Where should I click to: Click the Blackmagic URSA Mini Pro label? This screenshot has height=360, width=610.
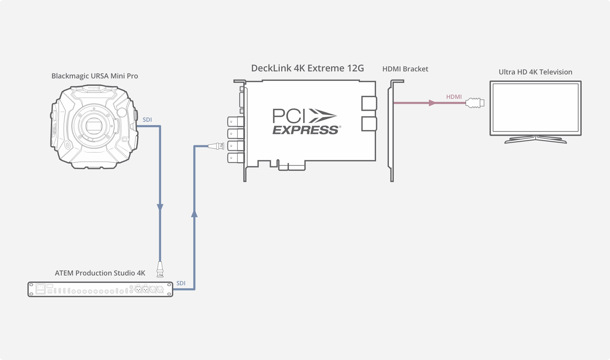pyautogui.click(x=95, y=76)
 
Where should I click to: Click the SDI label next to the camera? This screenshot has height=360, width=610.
pyautogui.click(x=147, y=120)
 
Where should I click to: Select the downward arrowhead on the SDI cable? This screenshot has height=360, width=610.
pyautogui.click(x=160, y=207)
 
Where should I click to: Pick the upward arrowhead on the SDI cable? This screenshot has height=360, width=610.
pyautogui.click(x=194, y=214)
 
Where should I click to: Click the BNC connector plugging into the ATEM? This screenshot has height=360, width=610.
pyautogui.click(x=160, y=269)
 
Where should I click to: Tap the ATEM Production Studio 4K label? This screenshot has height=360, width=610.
pyautogui.click(x=100, y=273)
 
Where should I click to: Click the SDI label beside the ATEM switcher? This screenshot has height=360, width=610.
pyautogui.click(x=181, y=283)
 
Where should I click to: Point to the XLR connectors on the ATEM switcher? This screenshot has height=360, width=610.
pyautogui.click(x=149, y=289)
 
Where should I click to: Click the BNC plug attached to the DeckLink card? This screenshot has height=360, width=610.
pyautogui.click(x=216, y=146)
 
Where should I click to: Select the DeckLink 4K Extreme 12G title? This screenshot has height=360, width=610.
pyautogui.click(x=307, y=68)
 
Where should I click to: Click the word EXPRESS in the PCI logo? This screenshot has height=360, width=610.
pyautogui.click(x=305, y=130)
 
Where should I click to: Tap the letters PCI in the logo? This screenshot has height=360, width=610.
pyautogui.click(x=289, y=116)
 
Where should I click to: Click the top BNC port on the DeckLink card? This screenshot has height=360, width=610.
pyautogui.click(x=235, y=122)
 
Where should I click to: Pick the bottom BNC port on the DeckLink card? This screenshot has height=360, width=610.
pyautogui.click(x=235, y=157)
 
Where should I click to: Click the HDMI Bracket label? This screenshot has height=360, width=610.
pyautogui.click(x=405, y=69)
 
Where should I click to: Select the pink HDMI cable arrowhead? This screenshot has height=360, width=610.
pyautogui.click(x=432, y=103)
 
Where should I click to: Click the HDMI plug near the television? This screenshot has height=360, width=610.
pyautogui.click(x=475, y=103)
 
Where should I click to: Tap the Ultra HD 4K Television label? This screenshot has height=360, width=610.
pyautogui.click(x=535, y=72)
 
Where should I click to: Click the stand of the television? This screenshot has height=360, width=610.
pyautogui.click(x=535, y=140)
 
